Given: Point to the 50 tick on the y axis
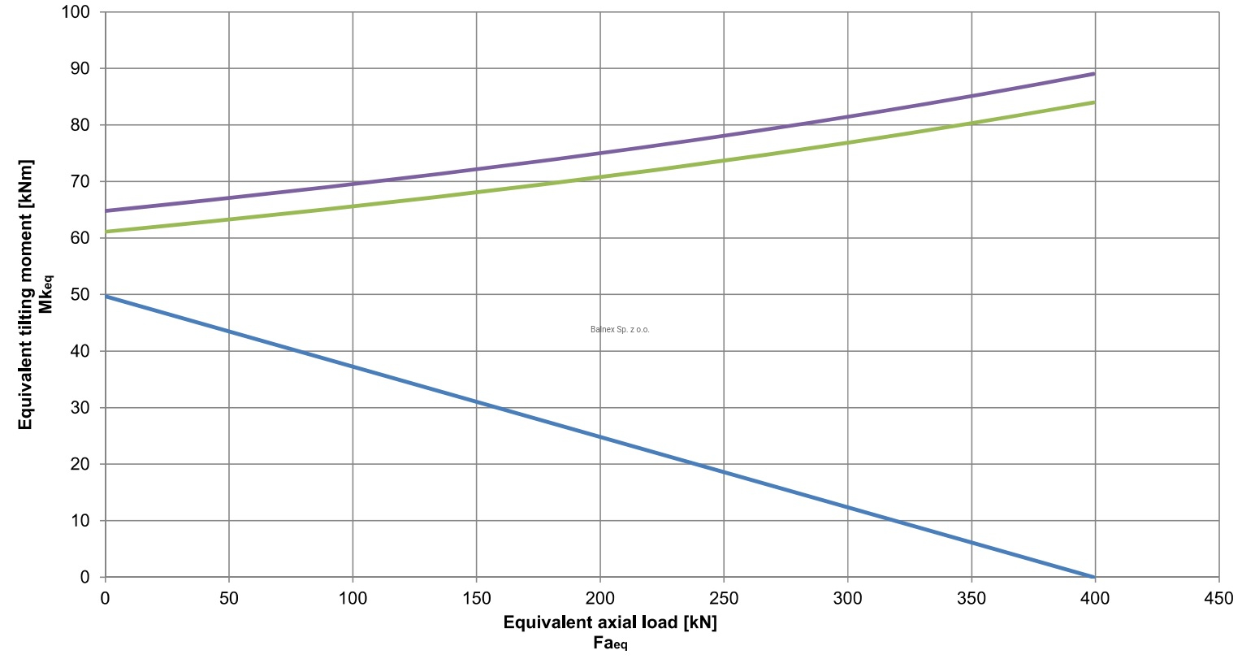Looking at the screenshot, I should pos(82,294).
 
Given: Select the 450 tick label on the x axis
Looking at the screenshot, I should pos(1218,599).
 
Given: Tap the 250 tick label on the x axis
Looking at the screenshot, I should pos(724,599).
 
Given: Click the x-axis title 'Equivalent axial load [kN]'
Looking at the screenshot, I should pos(610,623).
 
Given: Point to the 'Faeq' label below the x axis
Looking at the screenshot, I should pos(610,644).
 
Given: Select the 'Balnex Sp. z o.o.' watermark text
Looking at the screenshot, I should pos(620,330).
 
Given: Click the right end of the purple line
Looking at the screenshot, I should pos(1094,74).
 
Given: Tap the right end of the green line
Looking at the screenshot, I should pos(1094,102).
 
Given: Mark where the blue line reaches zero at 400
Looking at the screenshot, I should pos(1094,576).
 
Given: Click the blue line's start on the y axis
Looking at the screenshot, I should pos(106,297).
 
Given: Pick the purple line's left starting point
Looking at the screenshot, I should pos(106,211).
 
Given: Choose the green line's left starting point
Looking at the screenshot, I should pos(106,232).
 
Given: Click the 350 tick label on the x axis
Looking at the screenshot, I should pos(972,599).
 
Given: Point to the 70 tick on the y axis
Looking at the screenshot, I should pos(82,181).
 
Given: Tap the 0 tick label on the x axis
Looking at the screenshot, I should pos(105,599).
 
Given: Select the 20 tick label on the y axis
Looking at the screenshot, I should pos(82,464).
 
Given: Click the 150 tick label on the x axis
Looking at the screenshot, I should pos(476,599).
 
